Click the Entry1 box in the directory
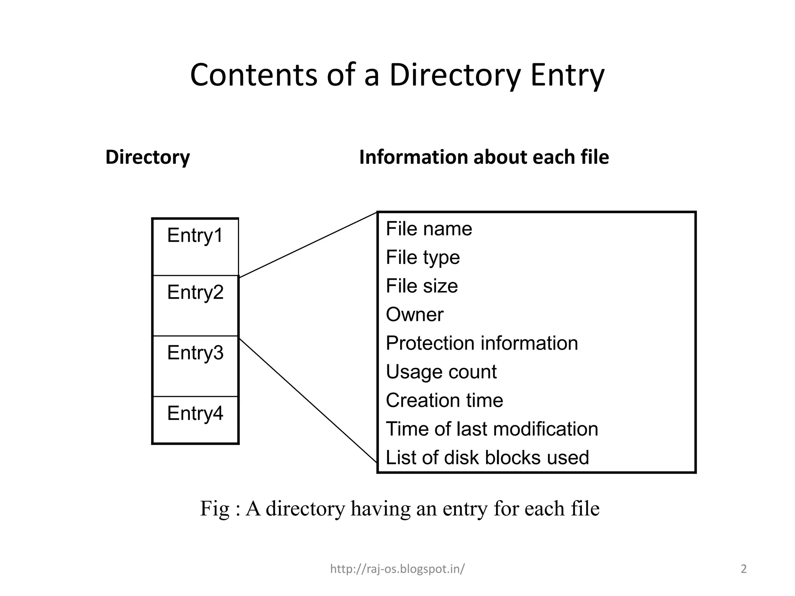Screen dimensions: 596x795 [195, 247]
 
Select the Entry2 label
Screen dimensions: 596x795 [195, 292]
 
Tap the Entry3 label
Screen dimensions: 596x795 [195, 353]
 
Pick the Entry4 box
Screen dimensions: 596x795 [195, 419]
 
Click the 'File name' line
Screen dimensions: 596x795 [429, 229]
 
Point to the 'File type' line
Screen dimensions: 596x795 [422, 257]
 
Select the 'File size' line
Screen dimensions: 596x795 [422, 286]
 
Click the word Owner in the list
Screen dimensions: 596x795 [414, 315]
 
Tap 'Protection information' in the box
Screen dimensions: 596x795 [481, 343]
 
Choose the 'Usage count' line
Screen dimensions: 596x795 [441, 372]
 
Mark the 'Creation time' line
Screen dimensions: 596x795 [444, 400]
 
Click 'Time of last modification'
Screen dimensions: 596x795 [491, 429]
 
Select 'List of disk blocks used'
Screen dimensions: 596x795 [487, 457]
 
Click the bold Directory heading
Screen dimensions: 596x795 [148, 157]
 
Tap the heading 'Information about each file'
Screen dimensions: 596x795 [484, 157]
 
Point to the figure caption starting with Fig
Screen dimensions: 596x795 [399, 508]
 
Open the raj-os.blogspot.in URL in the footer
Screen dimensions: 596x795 [397, 569]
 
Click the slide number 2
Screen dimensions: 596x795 [743, 569]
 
